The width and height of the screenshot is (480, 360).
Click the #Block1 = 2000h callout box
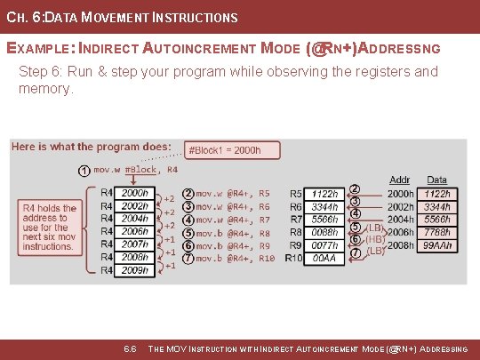224,150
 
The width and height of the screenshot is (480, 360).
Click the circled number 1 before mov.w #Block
82,170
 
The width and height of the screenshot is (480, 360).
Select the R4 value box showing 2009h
135,270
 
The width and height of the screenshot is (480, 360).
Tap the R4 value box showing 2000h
135,193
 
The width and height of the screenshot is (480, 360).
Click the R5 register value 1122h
325,193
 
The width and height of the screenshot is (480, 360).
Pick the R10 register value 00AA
325,258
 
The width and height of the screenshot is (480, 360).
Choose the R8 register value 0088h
325,232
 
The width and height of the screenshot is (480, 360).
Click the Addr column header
400,180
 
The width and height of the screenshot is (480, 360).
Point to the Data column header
436,180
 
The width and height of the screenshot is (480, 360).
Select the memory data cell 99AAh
437,244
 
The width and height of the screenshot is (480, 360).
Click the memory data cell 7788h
437,231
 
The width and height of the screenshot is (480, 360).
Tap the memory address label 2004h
401,219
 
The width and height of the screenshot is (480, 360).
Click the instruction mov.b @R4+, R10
235,258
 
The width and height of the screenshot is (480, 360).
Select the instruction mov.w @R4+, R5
233,193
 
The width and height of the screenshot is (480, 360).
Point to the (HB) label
375,239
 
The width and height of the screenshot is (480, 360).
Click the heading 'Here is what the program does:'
92,147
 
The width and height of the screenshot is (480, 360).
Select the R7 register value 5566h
325,219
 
